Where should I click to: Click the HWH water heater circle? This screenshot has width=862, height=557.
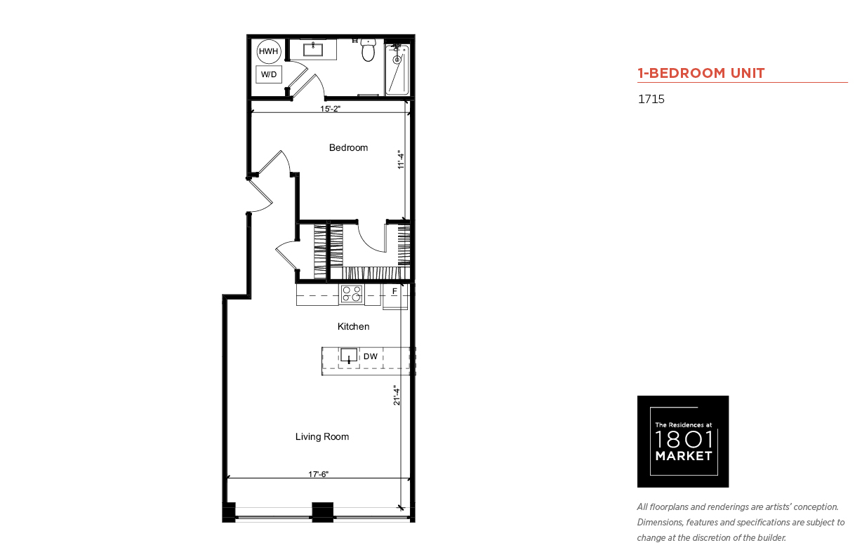(x=269, y=51)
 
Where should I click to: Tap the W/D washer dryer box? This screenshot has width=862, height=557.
(x=269, y=74)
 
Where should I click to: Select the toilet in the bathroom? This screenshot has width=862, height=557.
(x=369, y=51)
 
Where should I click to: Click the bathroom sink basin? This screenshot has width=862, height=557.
(x=313, y=50)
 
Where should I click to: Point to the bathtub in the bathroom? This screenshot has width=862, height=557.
(x=397, y=69)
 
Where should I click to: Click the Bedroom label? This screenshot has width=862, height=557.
(x=348, y=148)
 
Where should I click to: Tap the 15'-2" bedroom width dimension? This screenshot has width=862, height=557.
(x=330, y=109)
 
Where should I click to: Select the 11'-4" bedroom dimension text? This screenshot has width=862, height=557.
(x=401, y=160)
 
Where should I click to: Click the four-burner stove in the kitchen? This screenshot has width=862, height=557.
(x=352, y=294)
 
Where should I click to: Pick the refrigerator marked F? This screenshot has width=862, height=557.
(x=394, y=296)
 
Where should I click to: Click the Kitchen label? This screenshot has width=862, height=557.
(x=353, y=327)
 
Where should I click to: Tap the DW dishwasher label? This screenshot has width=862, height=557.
(x=371, y=356)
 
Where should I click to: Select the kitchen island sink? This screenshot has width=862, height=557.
(x=349, y=355)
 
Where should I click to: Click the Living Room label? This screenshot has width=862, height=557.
(x=322, y=436)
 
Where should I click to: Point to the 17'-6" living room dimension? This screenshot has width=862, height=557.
(x=318, y=474)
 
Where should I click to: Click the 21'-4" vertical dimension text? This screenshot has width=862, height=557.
(x=397, y=395)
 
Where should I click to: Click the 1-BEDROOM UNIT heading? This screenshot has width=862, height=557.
(x=701, y=73)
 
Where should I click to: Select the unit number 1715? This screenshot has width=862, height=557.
(x=651, y=99)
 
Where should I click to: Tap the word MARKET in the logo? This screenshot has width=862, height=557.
(x=684, y=456)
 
